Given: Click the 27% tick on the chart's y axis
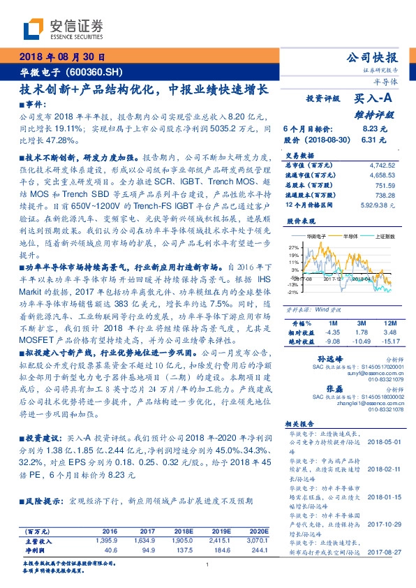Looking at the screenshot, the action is point(294,247).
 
